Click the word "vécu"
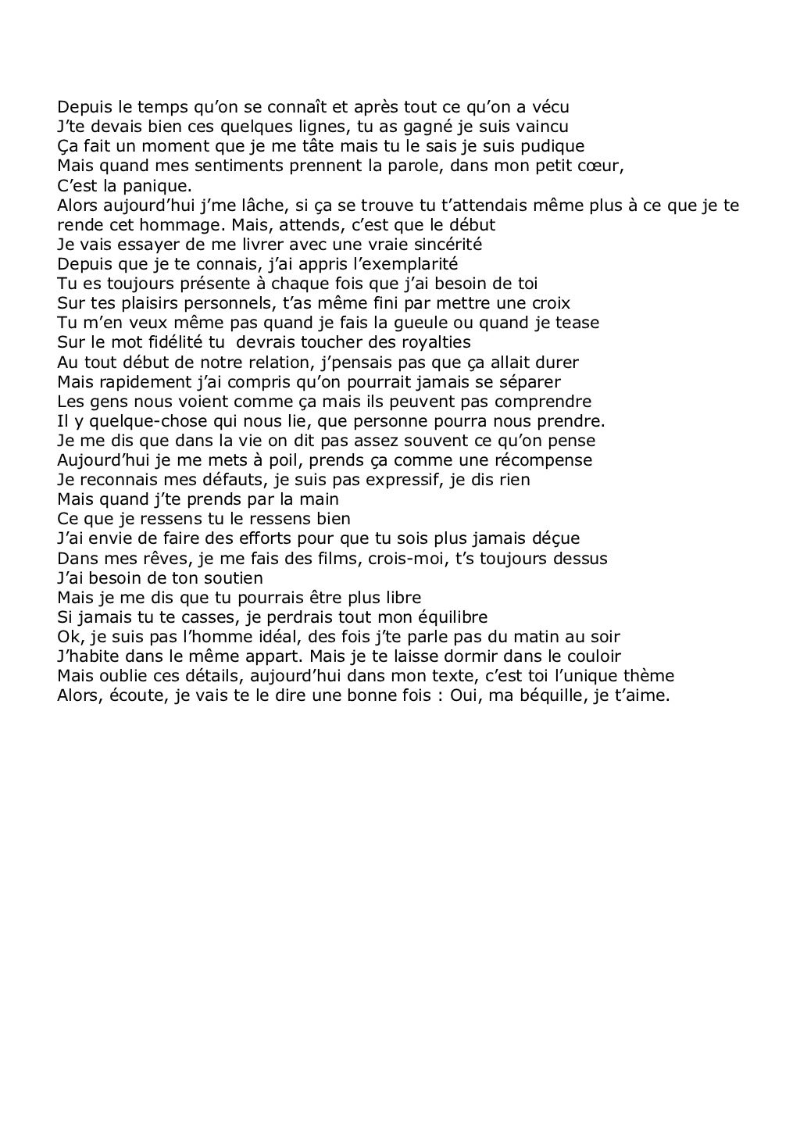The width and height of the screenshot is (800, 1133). tap(549, 106)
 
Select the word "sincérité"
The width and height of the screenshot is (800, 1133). tap(448, 244)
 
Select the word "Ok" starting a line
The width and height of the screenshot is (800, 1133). tap(67, 636)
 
